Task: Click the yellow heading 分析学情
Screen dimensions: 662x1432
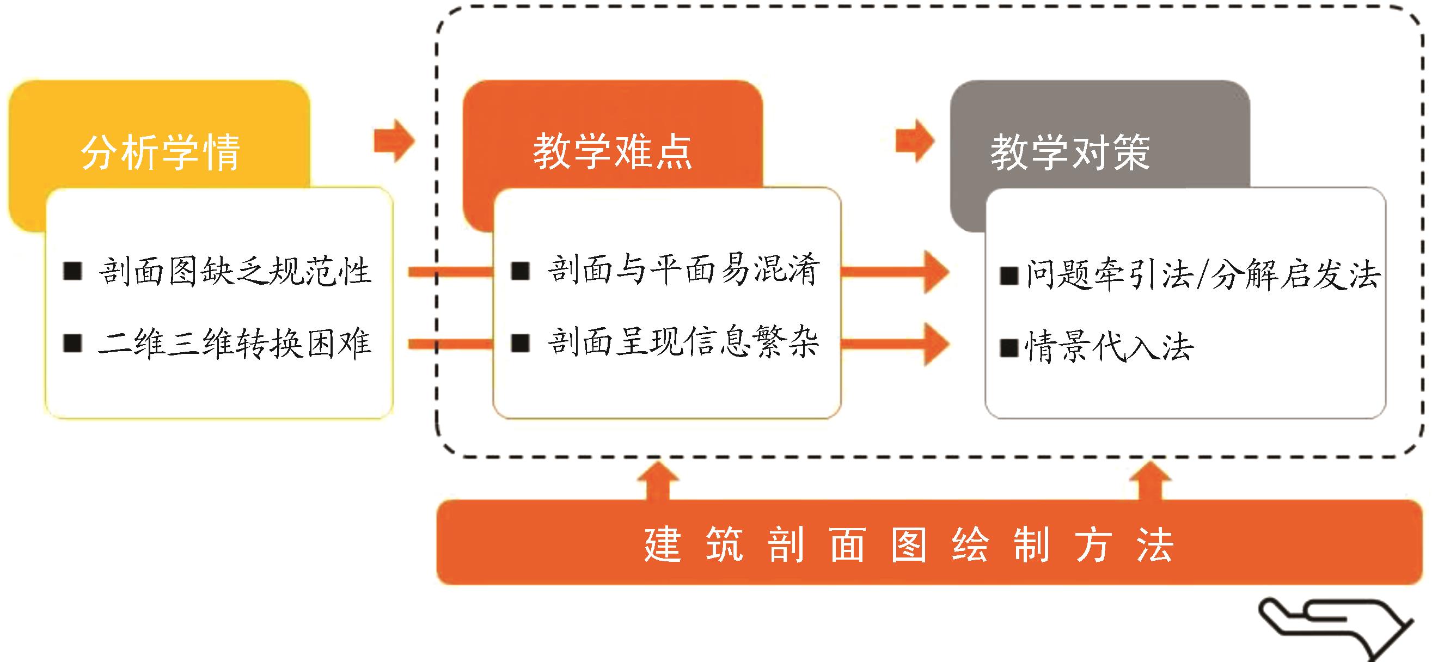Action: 161,152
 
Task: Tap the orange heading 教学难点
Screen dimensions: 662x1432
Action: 612,152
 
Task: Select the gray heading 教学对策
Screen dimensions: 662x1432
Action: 1070,152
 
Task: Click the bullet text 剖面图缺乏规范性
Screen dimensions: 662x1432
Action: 234,272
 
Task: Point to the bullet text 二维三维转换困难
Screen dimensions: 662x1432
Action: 234,343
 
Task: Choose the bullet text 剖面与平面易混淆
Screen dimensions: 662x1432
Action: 683,271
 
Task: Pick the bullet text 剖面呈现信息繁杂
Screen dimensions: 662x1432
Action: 683,342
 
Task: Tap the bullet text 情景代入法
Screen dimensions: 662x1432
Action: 1109,347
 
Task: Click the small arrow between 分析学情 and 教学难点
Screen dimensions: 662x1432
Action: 394,140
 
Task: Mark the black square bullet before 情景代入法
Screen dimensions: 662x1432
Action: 1008,348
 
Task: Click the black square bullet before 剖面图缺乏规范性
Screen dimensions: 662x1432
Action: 73,271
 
